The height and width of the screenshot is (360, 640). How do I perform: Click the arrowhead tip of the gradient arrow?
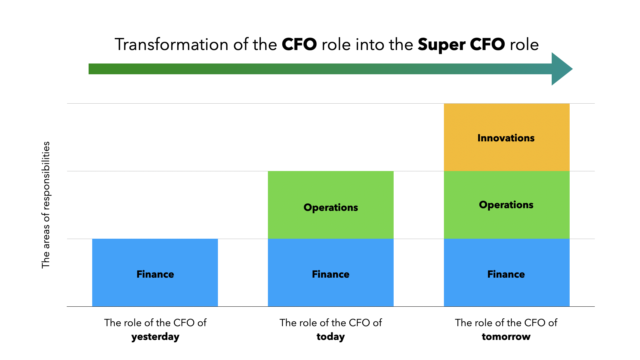pyautogui.click(x=572, y=69)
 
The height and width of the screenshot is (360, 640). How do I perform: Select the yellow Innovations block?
pyautogui.click(x=506, y=137)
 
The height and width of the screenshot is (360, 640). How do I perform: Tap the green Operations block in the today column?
pyautogui.click(x=330, y=205)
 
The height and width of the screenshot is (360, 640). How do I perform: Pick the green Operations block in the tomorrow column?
pyautogui.click(x=506, y=205)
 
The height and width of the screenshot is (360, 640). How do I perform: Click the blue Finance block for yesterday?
pyautogui.click(x=155, y=273)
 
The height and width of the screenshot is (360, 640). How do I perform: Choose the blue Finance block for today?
pyautogui.click(x=330, y=273)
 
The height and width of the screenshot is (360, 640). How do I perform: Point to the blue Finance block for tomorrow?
pyautogui.click(x=506, y=273)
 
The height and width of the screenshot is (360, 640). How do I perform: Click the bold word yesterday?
pyautogui.click(x=155, y=337)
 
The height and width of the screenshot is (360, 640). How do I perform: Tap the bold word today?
pyautogui.click(x=331, y=337)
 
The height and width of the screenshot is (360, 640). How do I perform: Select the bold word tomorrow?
pyautogui.click(x=506, y=337)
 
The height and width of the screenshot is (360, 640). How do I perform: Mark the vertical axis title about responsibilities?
pyautogui.click(x=46, y=205)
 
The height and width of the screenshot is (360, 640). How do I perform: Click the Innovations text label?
pyautogui.click(x=506, y=138)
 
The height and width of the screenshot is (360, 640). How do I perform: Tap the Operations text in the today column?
pyautogui.click(x=331, y=208)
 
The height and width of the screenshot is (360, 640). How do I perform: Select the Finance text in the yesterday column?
pyautogui.click(x=155, y=274)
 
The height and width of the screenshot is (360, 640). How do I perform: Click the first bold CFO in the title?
pyautogui.click(x=299, y=44)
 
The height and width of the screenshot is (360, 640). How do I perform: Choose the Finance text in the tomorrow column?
pyautogui.click(x=506, y=274)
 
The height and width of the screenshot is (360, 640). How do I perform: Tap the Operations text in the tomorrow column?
pyautogui.click(x=506, y=205)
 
